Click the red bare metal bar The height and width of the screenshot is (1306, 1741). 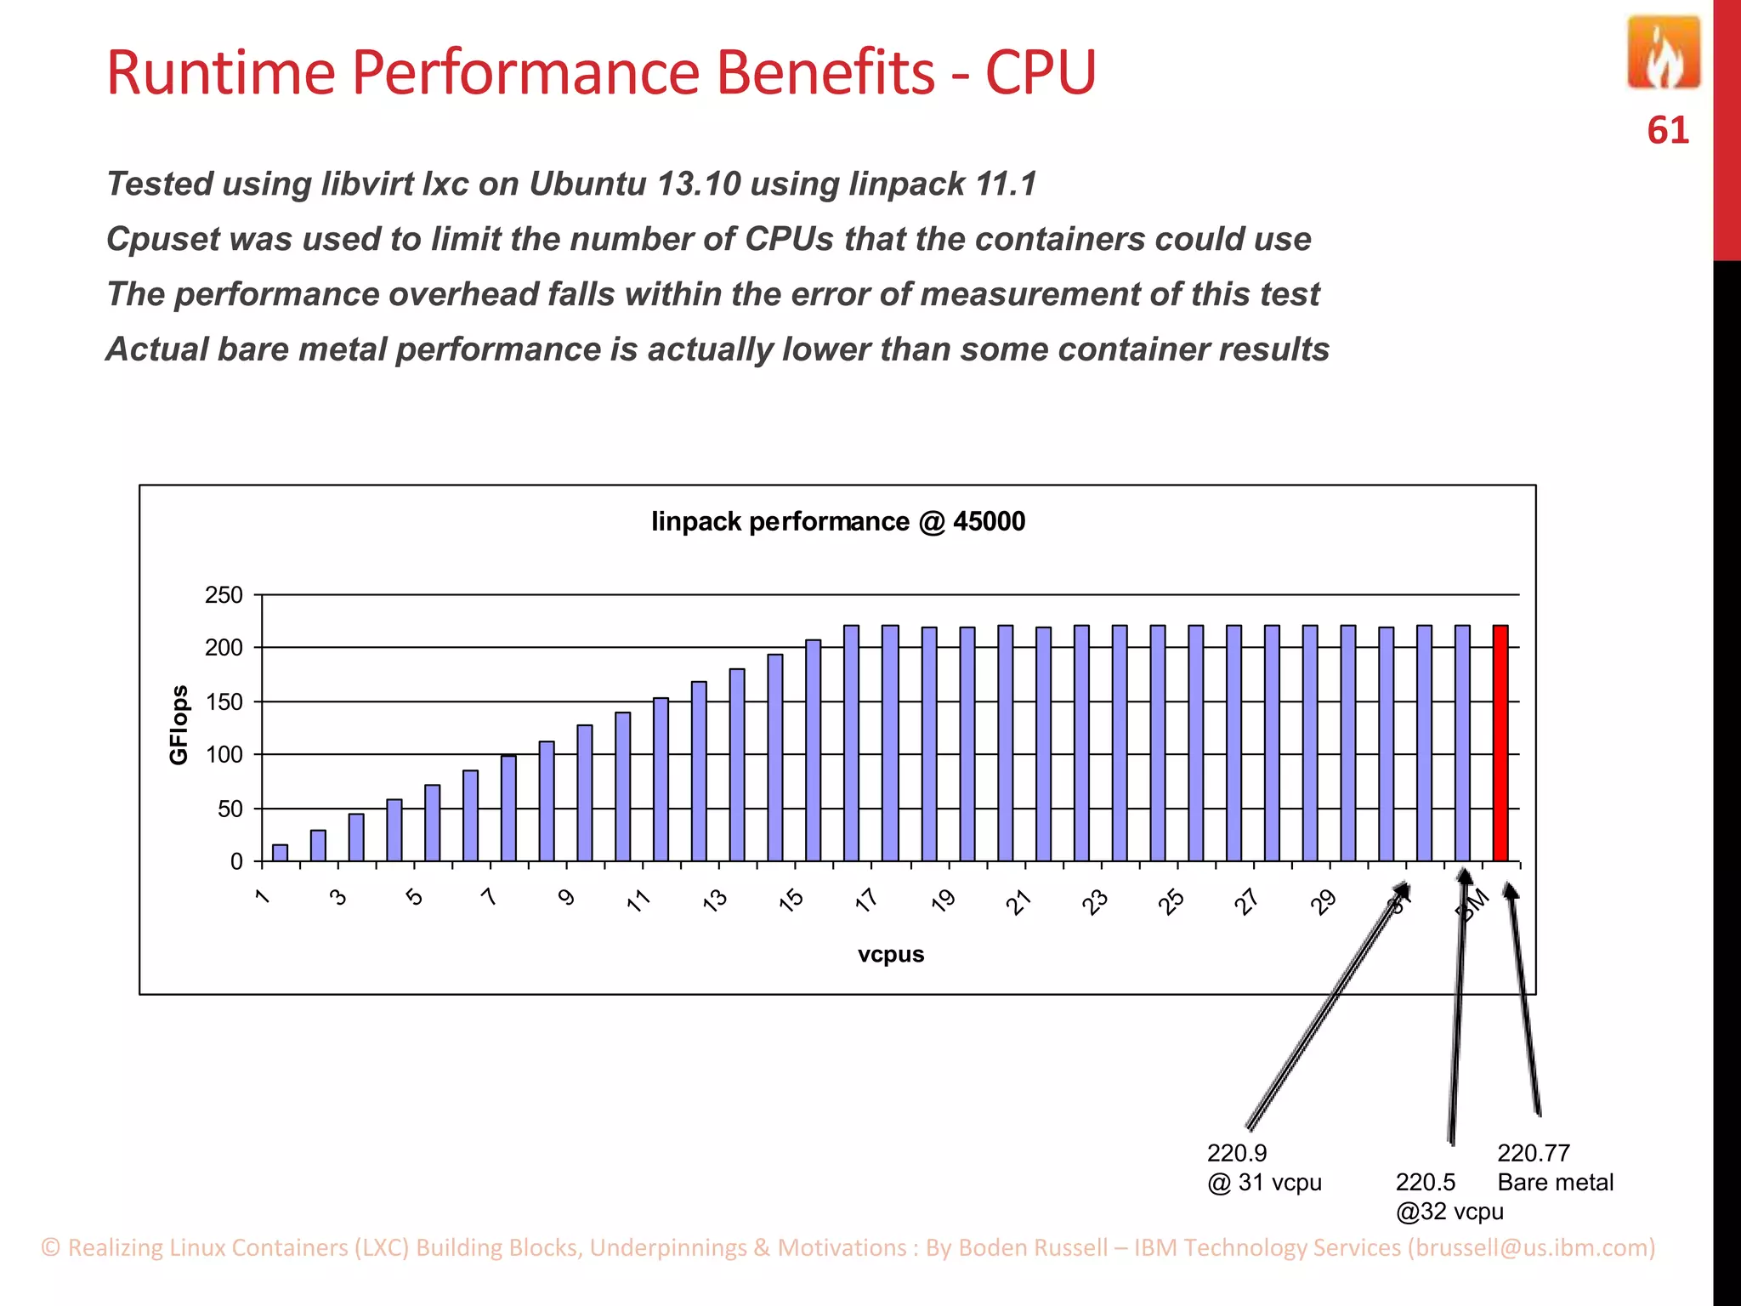point(1500,743)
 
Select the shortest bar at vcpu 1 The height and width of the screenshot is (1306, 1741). point(280,853)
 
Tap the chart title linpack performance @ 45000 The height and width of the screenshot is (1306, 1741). point(838,521)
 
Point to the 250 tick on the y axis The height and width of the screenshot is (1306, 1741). point(224,595)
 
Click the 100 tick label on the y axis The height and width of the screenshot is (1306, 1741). point(224,755)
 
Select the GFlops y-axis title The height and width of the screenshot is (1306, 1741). point(179,725)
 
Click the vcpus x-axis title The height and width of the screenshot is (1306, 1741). point(890,954)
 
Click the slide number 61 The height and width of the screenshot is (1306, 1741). point(1667,131)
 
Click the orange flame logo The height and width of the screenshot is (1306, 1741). point(1663,53)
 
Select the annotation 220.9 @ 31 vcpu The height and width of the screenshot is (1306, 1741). point(1263,1167)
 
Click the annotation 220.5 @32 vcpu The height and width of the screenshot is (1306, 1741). point(1449,1196)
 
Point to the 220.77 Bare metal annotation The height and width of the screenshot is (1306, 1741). point(1554,1167)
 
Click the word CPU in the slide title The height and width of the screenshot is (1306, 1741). point(1040,73)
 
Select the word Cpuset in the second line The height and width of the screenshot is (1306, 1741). point(162,240)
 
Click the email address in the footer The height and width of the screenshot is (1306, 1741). point(1531,1247)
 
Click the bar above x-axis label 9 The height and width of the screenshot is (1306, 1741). point(585,792)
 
